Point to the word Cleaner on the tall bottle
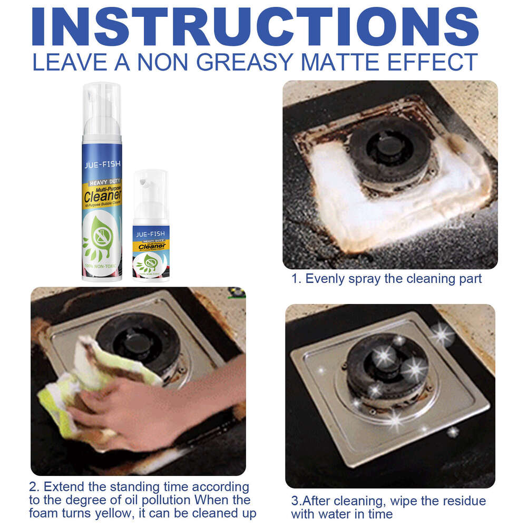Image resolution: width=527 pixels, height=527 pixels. (x=102, y=197)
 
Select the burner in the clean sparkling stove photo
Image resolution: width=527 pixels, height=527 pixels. (x=387, y=369)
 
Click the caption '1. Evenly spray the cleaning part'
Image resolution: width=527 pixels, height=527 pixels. (x=387, y=279)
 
